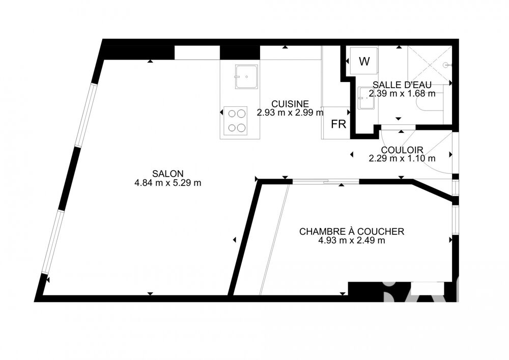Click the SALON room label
167,174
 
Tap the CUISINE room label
290,103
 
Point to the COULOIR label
402,150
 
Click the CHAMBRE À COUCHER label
351,232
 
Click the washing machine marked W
364,62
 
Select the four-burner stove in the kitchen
236,121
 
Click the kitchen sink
246,77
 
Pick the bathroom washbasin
365,98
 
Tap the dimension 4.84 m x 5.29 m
167,183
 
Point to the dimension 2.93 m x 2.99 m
290,113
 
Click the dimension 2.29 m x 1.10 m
402,158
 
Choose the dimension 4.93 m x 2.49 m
351,240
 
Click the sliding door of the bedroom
326,181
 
